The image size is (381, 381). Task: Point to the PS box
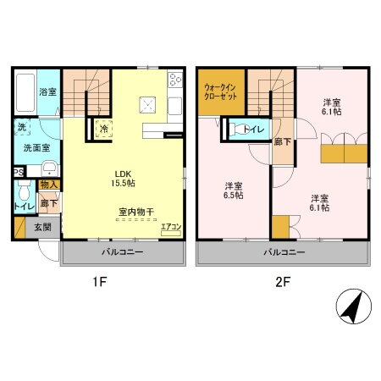pyautogui.click(x=19, y=174)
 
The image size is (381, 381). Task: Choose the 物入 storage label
pyautogui.click(x=49, y=185)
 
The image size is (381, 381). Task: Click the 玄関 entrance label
pyautogui.click(x=42, y=227)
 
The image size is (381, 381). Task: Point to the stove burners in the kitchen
pyautogui.click(x=176, y=81)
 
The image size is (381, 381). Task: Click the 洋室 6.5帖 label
pyautogui.click(x=234, y=190)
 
